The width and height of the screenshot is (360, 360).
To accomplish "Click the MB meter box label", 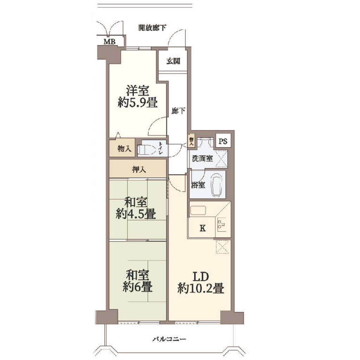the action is pos(110,42).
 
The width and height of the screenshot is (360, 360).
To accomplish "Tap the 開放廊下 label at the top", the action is pos(152,28).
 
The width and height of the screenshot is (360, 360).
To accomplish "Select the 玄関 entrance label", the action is pos(173,61).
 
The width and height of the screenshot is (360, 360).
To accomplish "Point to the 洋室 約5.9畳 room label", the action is pos(137,96).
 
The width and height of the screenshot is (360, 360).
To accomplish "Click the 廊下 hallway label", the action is pos(178,111).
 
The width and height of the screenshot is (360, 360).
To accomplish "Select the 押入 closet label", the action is pos(139,170).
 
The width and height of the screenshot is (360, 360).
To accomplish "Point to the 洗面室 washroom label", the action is pos(202,159).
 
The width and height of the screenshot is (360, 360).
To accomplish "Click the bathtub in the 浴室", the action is pos(217,185).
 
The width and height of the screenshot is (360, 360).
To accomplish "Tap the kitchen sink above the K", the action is pos(198,211).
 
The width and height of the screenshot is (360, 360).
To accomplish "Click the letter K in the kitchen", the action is pos(202,228).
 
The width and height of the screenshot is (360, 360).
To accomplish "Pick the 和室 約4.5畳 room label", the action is pos(136,208).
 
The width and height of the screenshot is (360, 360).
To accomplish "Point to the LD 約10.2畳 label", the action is pos(201,283).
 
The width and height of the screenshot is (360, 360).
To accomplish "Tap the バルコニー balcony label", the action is pos(169,339).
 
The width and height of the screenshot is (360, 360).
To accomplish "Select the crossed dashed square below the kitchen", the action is pos(223,247).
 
